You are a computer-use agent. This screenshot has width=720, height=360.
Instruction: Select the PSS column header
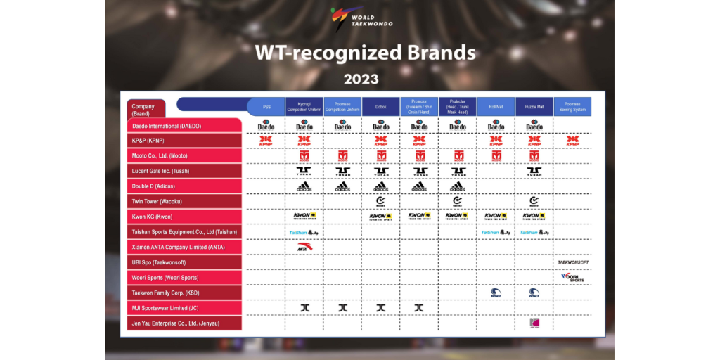pos(266,107)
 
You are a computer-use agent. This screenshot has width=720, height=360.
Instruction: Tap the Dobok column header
pos(380,107)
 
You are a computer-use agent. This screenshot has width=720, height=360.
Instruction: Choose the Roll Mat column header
pos(496,107)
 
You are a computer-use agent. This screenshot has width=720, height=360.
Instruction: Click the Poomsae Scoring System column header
pos(572,107)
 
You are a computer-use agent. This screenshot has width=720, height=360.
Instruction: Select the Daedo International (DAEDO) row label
pos(185,125)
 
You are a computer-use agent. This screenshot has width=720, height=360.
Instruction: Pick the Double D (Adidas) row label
pos(185,186)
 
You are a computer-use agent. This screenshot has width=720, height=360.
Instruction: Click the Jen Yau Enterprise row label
pos(185,323)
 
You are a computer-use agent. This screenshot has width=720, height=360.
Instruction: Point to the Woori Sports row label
pos(185,277)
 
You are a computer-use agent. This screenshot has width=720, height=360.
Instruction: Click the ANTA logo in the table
pos(304,247)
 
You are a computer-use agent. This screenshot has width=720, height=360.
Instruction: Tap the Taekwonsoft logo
pos(573,262)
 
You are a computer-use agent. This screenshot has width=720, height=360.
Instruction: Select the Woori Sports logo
pos(572,277)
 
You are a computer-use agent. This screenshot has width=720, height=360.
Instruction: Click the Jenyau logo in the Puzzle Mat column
pos(534,323)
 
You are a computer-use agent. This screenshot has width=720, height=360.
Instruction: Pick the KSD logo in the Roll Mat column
pos(496,292)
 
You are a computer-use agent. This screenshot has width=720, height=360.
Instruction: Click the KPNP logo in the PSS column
pos(266,141)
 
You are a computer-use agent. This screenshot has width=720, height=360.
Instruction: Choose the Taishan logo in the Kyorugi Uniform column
pos(304,231)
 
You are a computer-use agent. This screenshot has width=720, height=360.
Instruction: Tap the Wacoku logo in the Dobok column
pos(380,202)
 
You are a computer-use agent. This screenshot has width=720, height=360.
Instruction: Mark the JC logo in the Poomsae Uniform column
pos(342,307)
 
